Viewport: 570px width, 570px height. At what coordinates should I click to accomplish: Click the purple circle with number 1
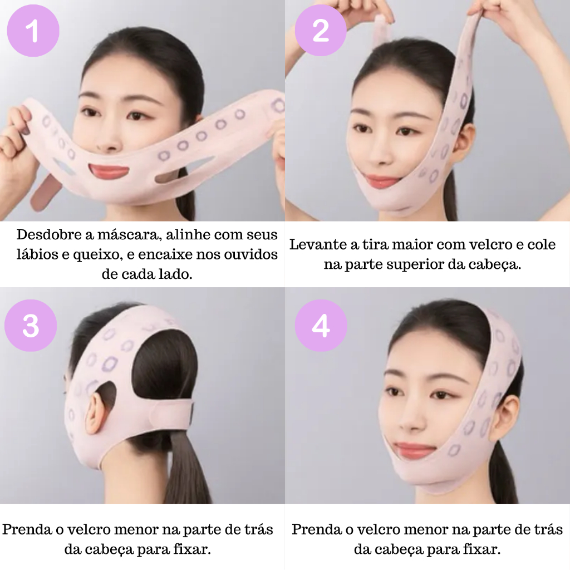(x=33, y=31)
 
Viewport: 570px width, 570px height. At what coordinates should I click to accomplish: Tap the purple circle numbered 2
(x=321, y=30)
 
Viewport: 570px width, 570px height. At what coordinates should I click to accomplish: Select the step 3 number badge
(x=31, y=325)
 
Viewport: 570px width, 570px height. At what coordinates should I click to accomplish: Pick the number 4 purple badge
(x=321, y=325)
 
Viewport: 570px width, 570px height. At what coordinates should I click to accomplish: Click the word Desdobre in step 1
(x=50, y=234)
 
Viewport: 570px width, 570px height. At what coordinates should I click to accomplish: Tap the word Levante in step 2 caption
(x=318, y=244)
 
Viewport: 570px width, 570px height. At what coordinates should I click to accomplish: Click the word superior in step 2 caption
(x=414, y=265)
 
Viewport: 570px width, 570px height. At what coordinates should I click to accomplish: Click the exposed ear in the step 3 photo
(x=96, y=414)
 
